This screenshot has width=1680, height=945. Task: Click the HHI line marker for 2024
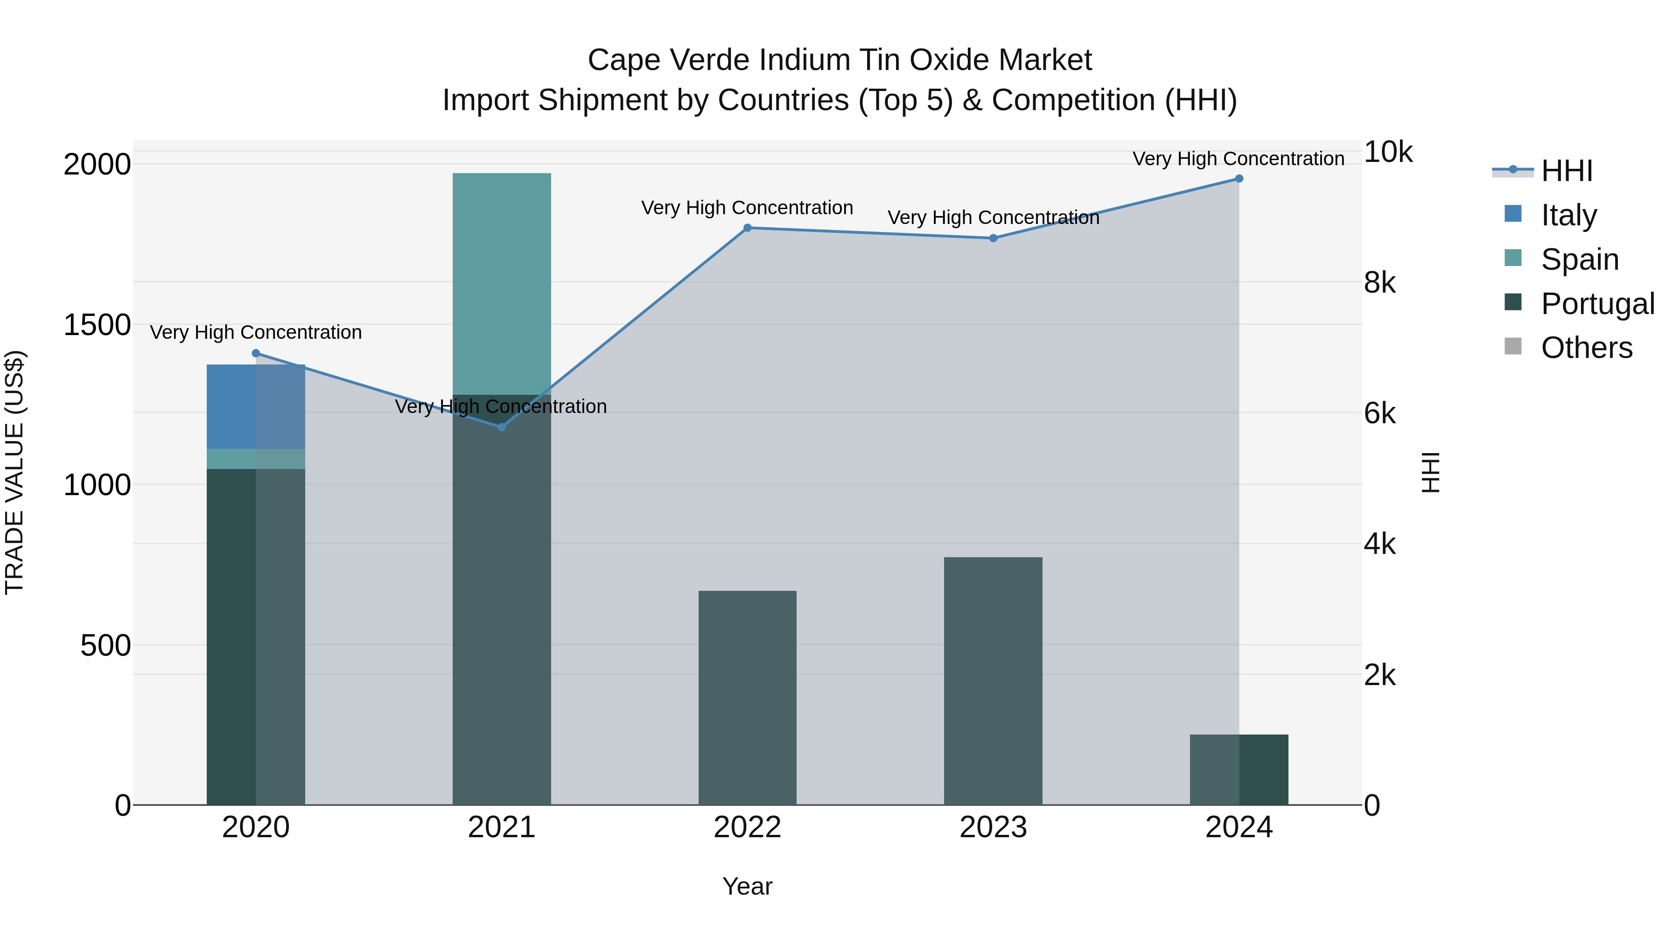click(x=1239, y=179)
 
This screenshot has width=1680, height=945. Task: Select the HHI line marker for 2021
click(x=502, y=427)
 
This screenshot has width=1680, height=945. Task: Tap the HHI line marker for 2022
click(x=748, y=228)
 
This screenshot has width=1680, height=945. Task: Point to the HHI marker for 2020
click(x=256, y=353)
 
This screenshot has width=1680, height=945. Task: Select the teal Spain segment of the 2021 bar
click(x=502, y=284)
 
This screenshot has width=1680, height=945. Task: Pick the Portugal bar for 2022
click(x=748, y=698)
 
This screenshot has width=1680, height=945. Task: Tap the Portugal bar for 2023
click(x=993, y=681)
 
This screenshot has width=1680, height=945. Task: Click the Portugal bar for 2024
click(x=1239, y=770)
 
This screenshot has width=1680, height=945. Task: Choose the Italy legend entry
click(x=1568, y=215)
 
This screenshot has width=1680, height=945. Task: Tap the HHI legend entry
click(x=1566, y=171)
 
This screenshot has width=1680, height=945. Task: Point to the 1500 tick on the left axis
click(x=97, y=325)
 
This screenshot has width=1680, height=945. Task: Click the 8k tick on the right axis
click(x=1379, y=283)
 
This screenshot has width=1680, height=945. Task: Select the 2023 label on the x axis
click(x=993, y=827)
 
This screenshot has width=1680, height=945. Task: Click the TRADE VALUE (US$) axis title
click(x=14, y=472)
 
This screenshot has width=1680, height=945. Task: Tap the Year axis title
click(x=748, y=886)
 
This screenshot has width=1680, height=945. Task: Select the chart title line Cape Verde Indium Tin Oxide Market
click(x=840, y=60)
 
